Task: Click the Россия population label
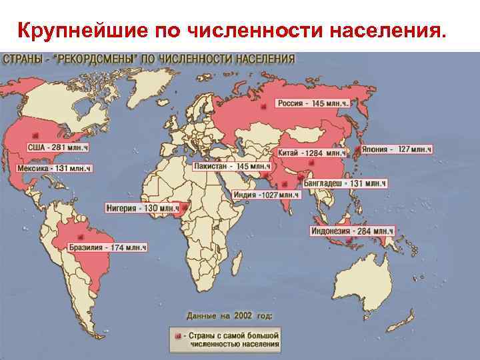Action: click(313, 104)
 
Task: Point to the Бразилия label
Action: click(107, 248)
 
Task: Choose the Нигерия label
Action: click(141, 209)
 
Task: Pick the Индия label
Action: click(266, 195)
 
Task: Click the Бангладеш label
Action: click(345, 183)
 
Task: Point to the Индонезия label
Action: click(351, 231)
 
